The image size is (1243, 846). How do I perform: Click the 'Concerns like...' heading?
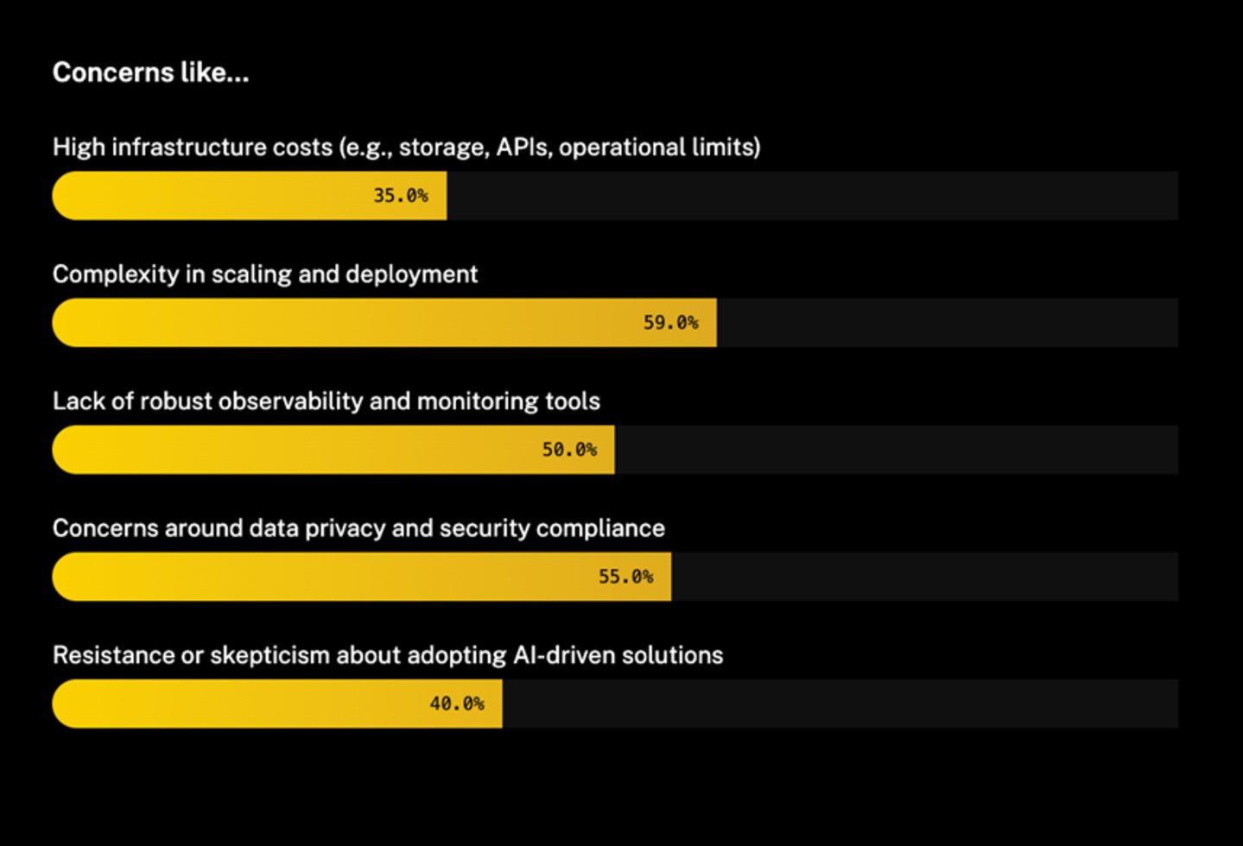pos(150,73)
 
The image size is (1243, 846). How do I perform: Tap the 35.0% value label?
pos(400,195)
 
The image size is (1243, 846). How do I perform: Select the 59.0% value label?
pos(670,322)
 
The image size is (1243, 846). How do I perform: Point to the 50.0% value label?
pos(569,449)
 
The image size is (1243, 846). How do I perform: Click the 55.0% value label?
pos(625,576)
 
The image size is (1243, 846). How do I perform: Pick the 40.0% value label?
pos(457,704)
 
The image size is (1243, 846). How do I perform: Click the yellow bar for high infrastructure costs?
pos(216,195)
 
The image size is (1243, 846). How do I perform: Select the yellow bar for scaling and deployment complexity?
pos(346,322)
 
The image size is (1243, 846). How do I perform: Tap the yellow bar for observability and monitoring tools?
pos(294,449)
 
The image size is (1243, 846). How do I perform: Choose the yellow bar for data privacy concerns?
pos(320,576)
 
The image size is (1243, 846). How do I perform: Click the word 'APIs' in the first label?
pos(522,147)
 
